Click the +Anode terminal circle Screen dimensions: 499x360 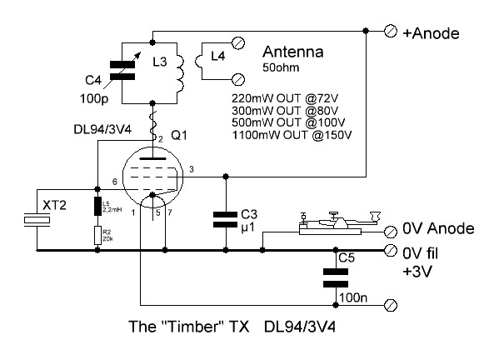pyautogui.click(x=391, y=31)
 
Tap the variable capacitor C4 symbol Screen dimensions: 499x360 pyautogui.click(x=122, y=71)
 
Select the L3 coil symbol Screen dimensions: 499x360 pyautogui.click(x=180, y=73)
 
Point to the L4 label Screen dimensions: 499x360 pyautogui.click(x=218, y=57)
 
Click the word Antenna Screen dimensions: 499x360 pyautogui.click(x=292, y=52)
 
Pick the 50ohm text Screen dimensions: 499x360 pyautogui.click(x=281, y=67)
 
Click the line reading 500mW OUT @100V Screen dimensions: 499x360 pyautogui.click(x=288, y=122)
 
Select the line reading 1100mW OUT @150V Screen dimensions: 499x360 pyautogui.click(x=292, y=135)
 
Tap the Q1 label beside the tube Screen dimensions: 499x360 pyautogui.click(x=179, y=136)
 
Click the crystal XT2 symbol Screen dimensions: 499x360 pyautogui.click(x=37, y=220)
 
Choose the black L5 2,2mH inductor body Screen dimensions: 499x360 pyautogui.click(x=97, y=207)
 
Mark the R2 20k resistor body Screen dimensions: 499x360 pyautogui.click(x=97, y=235)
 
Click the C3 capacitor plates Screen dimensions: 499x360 pyautogui.click(x=225, y=220)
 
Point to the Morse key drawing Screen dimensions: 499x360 pyautogui.click(x=340, y=222)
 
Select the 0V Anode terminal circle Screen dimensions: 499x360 pyautogui.click(x=391, y=232)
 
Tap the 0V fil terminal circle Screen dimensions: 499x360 pyautogui.click(x=391, y=251)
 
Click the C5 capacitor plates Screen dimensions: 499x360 pyautogui.click(x=336, y=277)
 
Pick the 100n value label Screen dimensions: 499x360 pyautogui.click(x=353, y=298)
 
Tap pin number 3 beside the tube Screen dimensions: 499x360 pyautogui.click(x=192, y=169)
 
